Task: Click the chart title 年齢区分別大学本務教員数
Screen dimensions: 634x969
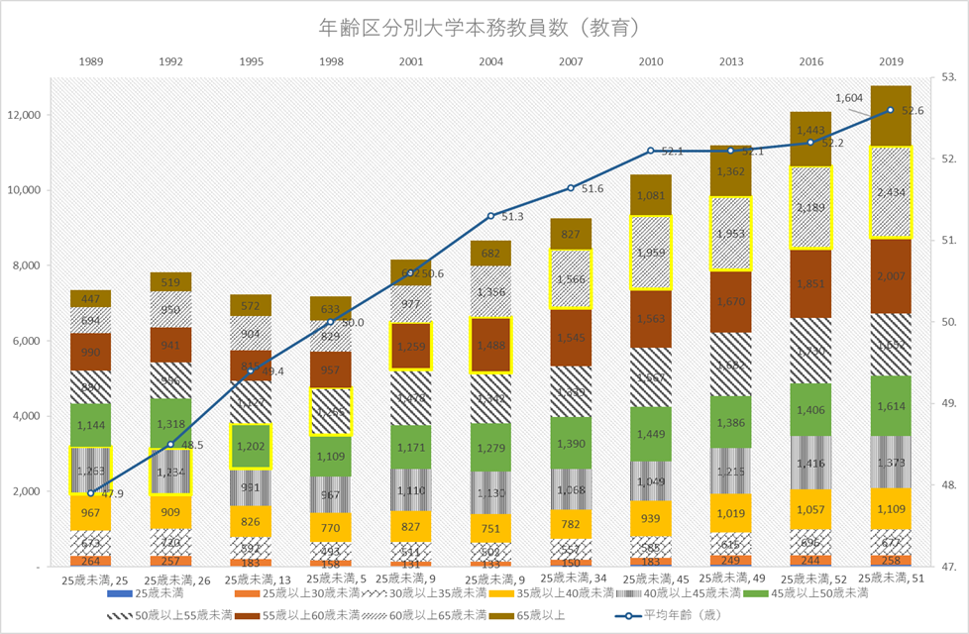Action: tap(484, 27)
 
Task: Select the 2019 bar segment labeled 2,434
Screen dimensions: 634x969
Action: tap(890, 192)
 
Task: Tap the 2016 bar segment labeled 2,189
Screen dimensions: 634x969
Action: tap(809, 207)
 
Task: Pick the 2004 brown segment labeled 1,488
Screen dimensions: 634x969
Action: tap(491, 345)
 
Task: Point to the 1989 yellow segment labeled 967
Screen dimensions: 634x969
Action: tap(90, 513)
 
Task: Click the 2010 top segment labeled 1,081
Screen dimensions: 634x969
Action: tap(651, 195)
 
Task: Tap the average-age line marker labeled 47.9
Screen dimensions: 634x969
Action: tap(90, 492)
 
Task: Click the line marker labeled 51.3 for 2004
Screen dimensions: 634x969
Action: tap(491, 216)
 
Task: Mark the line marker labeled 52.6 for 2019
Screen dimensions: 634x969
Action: tap(890, 110)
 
